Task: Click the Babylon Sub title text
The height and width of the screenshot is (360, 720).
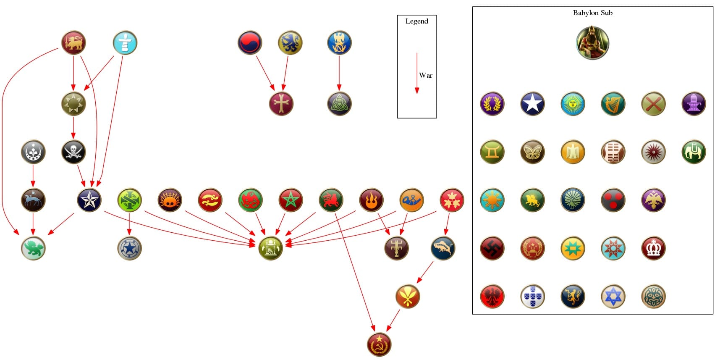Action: click(592, 13)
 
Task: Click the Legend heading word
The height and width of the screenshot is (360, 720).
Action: click(416, 21)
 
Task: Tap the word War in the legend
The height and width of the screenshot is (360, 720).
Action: click(425, 76)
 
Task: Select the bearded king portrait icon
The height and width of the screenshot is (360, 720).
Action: click(592, 43)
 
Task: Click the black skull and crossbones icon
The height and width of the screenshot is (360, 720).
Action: click(73, 152)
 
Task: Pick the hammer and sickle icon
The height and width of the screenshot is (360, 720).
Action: click(379, 344)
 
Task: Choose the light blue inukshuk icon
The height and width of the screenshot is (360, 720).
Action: click(125, 43)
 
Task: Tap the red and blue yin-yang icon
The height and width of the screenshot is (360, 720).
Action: click(250, 43)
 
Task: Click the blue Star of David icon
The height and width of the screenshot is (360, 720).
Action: click(613, 297)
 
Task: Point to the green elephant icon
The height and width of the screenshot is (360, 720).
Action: click(694, 152)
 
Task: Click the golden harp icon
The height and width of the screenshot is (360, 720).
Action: click(613, 104)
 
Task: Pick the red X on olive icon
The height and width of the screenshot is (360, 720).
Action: click(653, 104)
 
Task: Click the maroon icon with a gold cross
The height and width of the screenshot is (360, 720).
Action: click(281, 104)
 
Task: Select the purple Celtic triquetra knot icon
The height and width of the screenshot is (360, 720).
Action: click(339, 104)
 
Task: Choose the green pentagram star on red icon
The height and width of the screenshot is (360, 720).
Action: click(291, 200)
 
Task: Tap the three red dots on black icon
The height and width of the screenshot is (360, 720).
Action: click(613, 200)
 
